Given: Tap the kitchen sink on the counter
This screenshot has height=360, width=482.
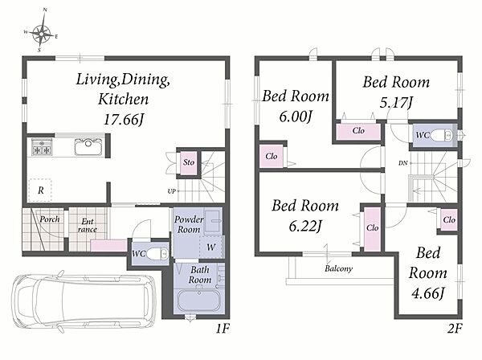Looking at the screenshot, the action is (88, 146).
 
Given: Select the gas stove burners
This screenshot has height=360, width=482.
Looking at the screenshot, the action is (42, 147).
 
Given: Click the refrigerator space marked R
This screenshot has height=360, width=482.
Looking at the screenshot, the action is (40, 190).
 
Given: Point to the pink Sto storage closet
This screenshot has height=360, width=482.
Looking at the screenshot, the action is (189, 162).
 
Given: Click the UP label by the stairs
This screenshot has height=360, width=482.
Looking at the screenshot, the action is (171, 191).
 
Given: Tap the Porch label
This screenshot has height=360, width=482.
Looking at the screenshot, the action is (50, 219).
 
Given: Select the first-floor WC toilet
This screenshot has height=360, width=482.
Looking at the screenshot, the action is (157, 254).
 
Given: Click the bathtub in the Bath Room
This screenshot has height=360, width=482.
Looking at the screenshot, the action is (199, 300).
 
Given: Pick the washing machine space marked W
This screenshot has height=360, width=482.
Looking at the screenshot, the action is (210, 247).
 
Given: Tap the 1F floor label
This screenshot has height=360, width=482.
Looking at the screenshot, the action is (222, 329).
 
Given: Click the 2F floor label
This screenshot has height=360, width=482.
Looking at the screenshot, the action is (455, 329).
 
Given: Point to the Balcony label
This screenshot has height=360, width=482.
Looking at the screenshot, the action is (338, 268).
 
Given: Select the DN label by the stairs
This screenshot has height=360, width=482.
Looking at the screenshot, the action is (403, 163).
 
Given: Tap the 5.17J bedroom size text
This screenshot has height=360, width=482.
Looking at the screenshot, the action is (396, 102).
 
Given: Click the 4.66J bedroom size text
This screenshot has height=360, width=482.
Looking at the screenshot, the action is (428, 293).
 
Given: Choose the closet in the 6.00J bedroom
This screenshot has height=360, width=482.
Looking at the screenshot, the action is (272, 157).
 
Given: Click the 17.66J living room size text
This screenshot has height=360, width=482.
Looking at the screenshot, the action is (124, 119).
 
